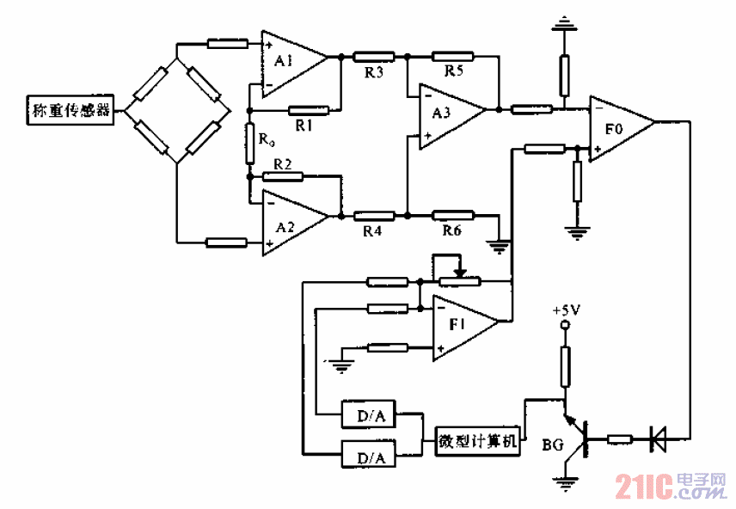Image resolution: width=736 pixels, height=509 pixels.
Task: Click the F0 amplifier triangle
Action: (617, 129)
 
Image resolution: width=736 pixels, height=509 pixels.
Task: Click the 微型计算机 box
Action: (476, 441)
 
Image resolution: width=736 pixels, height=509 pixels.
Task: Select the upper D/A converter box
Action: (368, 418)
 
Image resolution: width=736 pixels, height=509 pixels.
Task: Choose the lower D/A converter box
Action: (368, 454)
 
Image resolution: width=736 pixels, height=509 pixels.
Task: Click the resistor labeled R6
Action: (452, 215)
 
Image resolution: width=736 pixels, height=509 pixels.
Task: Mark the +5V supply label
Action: (566, 310)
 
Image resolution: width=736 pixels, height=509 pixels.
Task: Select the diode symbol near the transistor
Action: (660, 439)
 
